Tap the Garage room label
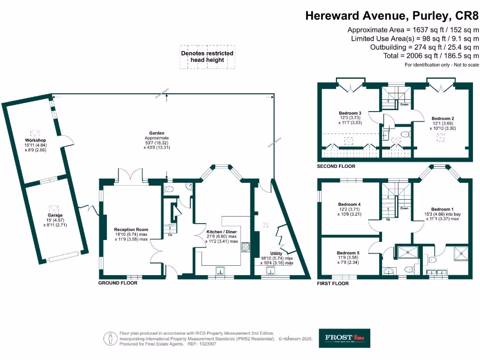(x=55, y=215)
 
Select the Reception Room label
(x=131, y=230)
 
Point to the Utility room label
(x=276, y=253)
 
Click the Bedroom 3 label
(x=350, y=113)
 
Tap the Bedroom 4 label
(x=350, y=204)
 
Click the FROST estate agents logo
(x=345, y=337)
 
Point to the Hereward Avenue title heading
(x=392, y=15)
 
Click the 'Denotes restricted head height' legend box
(x=207, y=57)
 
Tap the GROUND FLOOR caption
(x=118, y=283)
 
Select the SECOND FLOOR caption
(x=336, y=166)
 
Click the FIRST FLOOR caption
(x=333, y=284)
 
